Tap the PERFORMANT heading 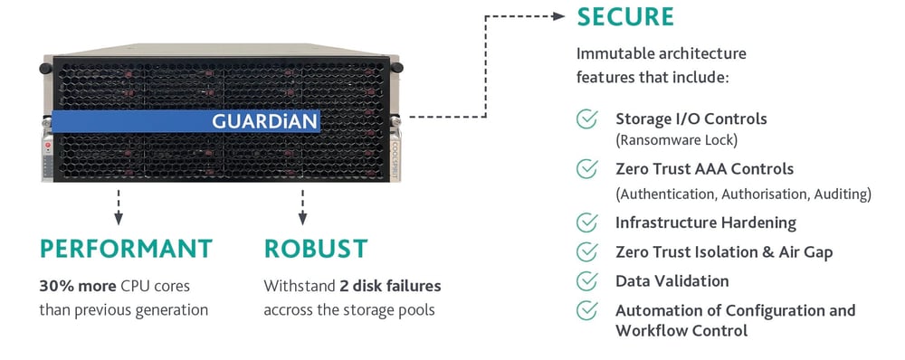(x=126, y=249)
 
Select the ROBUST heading (x=315, y=249)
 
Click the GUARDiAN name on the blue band (x=265, y=121)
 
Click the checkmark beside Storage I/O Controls (x=587, y=119)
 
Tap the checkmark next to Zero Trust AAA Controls (x=587, y=169)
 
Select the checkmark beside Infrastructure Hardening (x=587, y=223)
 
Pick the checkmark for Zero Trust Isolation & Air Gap (x=587, y=251)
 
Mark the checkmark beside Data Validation (x=587, y=280)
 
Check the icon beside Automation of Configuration (x=587, y=310)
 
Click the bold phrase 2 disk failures (x=390, y=286)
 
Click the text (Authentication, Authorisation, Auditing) (x=743, y=194)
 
